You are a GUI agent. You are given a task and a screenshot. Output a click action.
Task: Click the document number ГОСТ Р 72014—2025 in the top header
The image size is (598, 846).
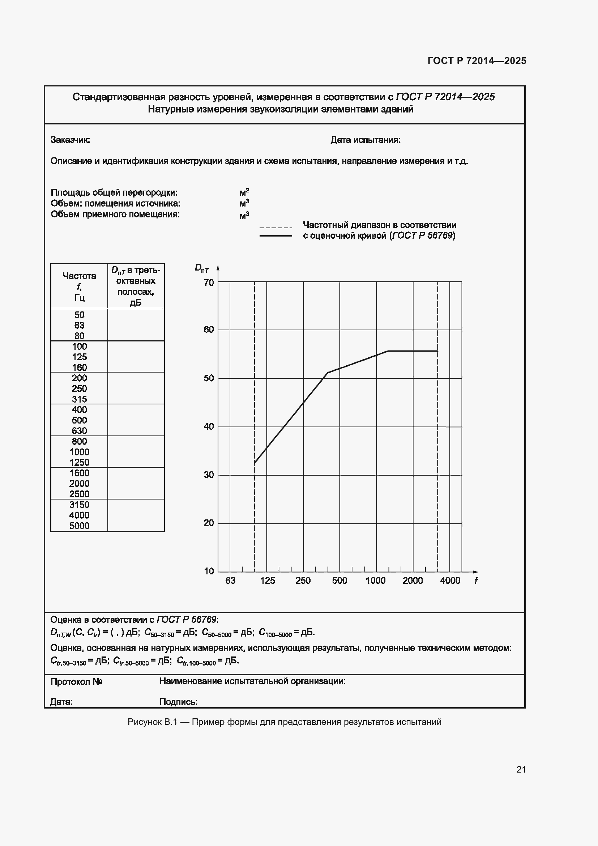pyautogui.click(x=477, y=61)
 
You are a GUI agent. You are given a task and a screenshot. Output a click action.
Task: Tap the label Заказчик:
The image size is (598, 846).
pyautogui.click(x=71, y=140)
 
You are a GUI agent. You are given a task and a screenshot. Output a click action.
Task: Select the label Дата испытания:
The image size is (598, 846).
pyautogui.click(x=365, y=140)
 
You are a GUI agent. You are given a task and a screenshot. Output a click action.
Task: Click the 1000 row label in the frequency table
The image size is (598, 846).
pyautogui.click(x=79, y=452)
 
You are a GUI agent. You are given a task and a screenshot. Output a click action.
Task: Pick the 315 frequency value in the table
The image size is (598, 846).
pyautogui.click(x=79, y=399)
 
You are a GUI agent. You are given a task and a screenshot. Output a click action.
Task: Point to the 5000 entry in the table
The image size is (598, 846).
pyautogui.click(x=79, y=526)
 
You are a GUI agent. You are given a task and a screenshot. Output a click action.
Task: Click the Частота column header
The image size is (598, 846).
pyautogui.click(x=79, y=276)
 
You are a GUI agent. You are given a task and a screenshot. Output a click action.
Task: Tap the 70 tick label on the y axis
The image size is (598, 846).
pyautogui.click(x=209, y=282)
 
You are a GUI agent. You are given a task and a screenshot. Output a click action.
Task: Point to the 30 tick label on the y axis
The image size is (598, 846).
pyautogui.click(x=209, y=475)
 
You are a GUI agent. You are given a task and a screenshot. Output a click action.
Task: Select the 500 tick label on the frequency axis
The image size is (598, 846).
pyautogui.click(x=339, y=581)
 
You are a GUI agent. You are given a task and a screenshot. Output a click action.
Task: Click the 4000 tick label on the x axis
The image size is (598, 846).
pyautogui.click(x=450, y=581)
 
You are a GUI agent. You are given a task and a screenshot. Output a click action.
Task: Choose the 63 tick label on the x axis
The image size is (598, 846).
pyautogui.click(x=230, y=581)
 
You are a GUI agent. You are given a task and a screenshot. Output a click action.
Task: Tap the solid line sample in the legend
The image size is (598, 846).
pyautogui.click(x=276, y=236)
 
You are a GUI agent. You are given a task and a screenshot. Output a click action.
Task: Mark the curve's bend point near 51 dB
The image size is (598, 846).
pyautogui.click(x=328, y=373)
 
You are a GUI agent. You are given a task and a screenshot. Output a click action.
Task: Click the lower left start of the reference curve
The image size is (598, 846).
pyautogui.click(x=255, y=463)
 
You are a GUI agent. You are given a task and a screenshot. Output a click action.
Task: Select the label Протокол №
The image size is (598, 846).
pyautogui.click(x=76, y=682)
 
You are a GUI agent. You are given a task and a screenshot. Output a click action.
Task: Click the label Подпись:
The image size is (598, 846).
pyautogui.click(x=179, y=702)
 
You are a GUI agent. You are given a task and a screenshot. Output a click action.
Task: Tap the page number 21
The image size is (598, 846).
pyautogui.click(x=521, y=769)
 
